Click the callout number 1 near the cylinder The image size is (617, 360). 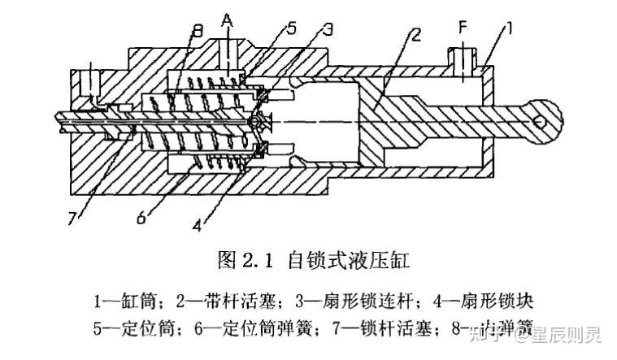510,31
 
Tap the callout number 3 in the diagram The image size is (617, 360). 327,31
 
